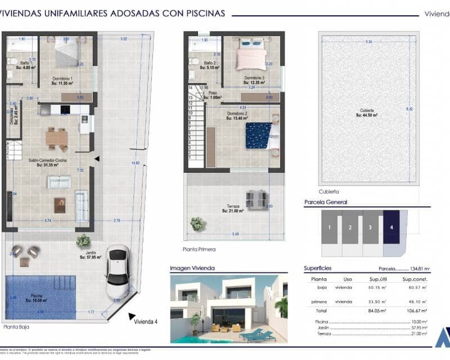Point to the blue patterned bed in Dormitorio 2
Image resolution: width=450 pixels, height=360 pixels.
(x=258, y=136)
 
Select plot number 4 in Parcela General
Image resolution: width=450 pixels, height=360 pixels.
(x=391, y=227)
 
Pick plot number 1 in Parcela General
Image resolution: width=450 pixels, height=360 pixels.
(x=330, y=227)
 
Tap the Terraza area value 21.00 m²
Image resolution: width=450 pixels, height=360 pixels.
(x=233, y=211)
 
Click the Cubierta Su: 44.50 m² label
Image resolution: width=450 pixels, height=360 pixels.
(x=367, y=112)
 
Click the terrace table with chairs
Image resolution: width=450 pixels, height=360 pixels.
(x=256, y=198)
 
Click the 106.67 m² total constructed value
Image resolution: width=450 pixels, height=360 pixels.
(x=415, y=310)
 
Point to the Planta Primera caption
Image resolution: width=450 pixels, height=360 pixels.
(x=199, y=249)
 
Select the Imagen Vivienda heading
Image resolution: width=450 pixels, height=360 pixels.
(x=193, y=268)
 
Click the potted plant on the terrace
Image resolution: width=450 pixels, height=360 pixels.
(x=197, y=224)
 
